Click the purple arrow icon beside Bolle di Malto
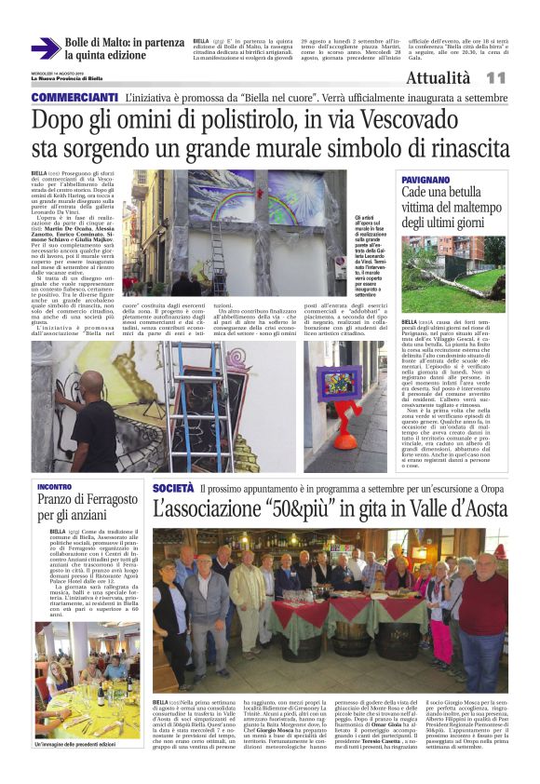point(45,48)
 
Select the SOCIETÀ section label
point(173,488)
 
